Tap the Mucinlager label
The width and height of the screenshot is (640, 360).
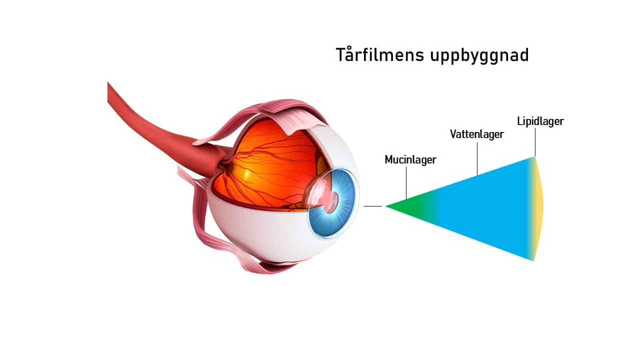pos(410,160)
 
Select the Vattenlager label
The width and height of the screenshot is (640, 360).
pos(476,134)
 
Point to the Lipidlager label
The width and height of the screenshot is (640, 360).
pos(540,121)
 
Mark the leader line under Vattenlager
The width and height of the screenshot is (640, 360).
pos(477,158)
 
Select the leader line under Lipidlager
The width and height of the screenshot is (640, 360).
pos(534,142)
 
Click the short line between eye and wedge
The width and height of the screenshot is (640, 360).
pos(372,206)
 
